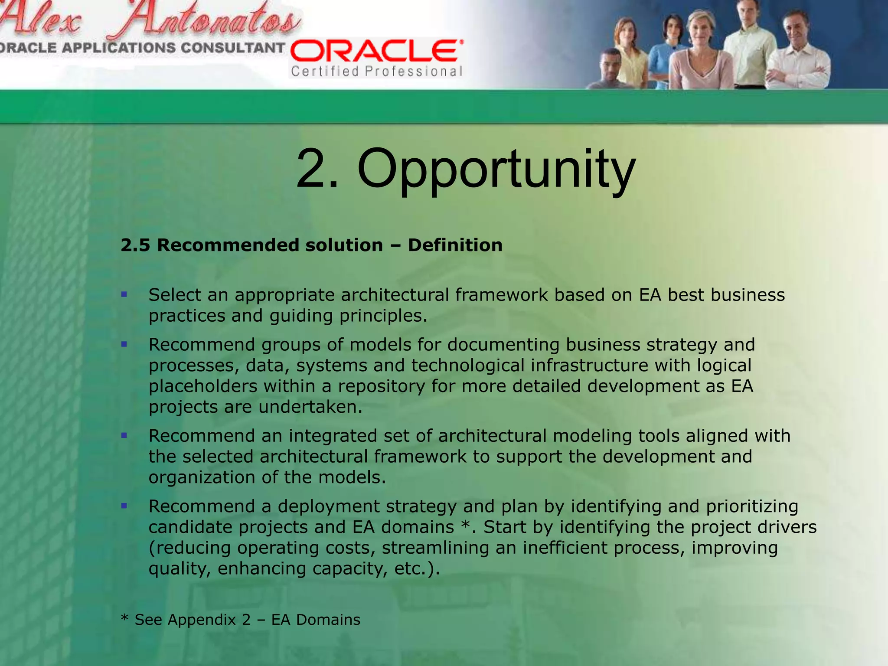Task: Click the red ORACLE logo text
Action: (x=376, y=52)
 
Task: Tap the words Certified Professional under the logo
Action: (x=377, y=71)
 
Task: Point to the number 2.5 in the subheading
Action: (x=135, y=245)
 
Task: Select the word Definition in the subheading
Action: (x=455, y=245)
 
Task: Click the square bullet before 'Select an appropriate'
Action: (x=124, y=295)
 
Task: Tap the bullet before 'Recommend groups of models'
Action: (x=124, y=345)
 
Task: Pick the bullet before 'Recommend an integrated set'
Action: (x=124, y=435)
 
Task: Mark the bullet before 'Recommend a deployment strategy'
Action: (x=124, y=506)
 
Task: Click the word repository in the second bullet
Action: (x=382, y=386)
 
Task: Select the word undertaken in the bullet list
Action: (x=310, y=407)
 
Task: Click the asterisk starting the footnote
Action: (x=125, y=618)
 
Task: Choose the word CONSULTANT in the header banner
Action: (x=232, y=48)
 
